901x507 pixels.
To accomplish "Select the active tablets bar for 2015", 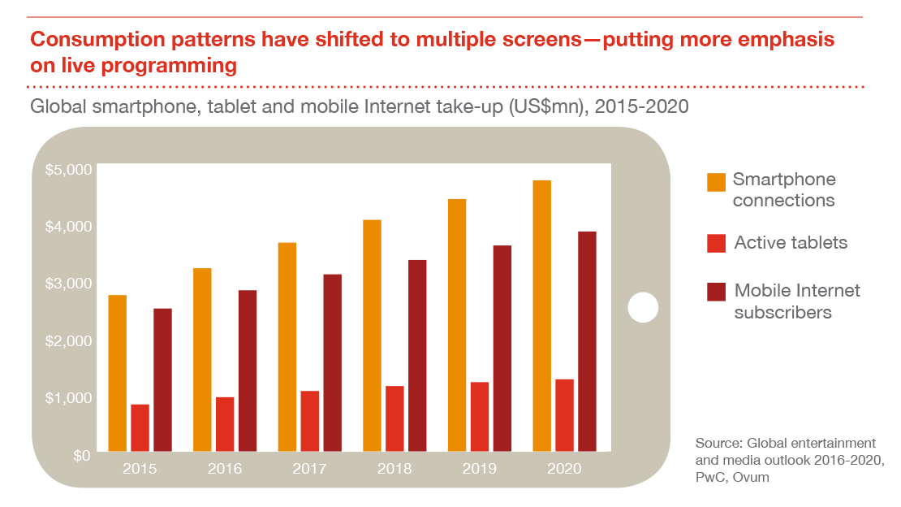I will click(x=140, y=427).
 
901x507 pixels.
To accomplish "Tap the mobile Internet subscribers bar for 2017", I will click(x=332, y=362).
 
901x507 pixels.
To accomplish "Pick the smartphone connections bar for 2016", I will click(x=202, y=359).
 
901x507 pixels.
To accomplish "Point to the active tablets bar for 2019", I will click(x=480, y=416).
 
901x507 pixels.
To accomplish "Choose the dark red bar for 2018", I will click(x=417, y=355).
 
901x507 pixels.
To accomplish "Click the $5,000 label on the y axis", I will click(x=68, y=171).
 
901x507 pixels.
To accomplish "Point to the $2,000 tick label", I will click(x=68, y=340).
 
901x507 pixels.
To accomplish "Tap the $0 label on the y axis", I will click(x=80, y=455).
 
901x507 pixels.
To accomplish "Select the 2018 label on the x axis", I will click(x=394, y=469).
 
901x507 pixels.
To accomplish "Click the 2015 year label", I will click(x=140, y=469).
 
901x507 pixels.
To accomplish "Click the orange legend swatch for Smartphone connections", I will click(x=715, y=182).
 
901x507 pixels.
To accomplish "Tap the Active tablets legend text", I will click(x=791, y=242).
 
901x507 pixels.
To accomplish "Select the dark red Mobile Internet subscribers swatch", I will click(x=715, y=292).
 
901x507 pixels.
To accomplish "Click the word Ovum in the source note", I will click(x=752, y=478).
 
